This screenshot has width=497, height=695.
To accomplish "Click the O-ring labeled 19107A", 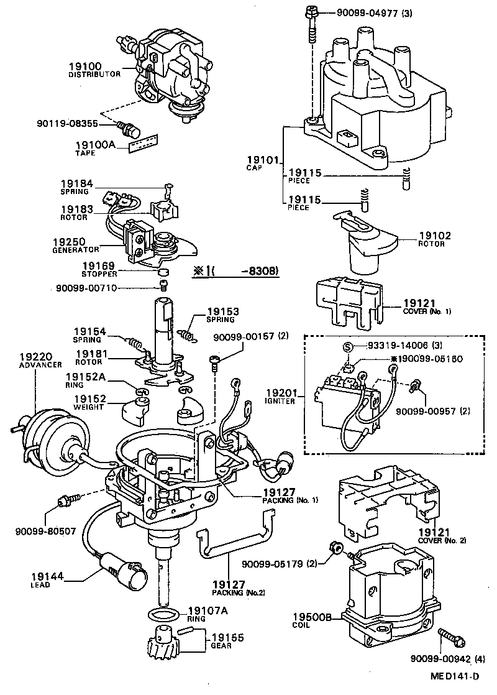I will click(x=165, y=615).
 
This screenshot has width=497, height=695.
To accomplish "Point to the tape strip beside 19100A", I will click(x=143, y=144).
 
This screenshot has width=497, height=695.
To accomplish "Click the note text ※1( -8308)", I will click(x=234, y=271).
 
